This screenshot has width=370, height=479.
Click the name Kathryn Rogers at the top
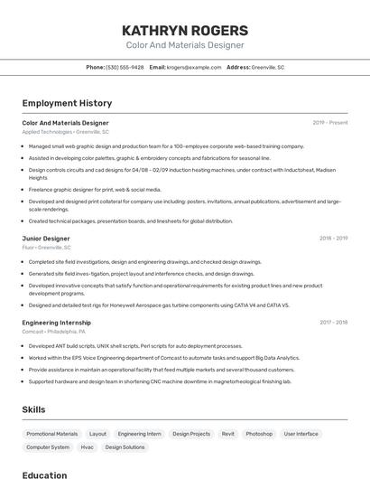pos(184,30)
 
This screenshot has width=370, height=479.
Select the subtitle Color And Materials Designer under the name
pos(184,45)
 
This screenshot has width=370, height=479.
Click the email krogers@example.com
pos(194,67)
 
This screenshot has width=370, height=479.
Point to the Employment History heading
pos(67,103)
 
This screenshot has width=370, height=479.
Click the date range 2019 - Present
pos(329,122)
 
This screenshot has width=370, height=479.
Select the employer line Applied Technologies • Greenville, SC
pos(65,132)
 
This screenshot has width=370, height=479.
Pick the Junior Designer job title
pos(46,238)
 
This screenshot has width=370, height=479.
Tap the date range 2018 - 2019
pos(333,238)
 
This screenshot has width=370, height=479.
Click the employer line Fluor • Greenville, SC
pos(47,247)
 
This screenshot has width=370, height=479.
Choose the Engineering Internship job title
pos(56,322)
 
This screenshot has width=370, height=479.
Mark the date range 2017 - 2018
pos(333,322)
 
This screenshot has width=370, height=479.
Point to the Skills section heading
pos(33,409)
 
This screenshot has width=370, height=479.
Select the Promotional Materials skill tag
pos(52,434)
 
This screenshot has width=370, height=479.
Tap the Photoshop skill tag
pos(259,434)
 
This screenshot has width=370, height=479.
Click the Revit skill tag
pos(227,434)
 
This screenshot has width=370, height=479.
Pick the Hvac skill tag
pos(87,447)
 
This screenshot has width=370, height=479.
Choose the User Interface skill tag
pos(301,434)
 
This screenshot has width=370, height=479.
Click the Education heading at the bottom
pos(44,474)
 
